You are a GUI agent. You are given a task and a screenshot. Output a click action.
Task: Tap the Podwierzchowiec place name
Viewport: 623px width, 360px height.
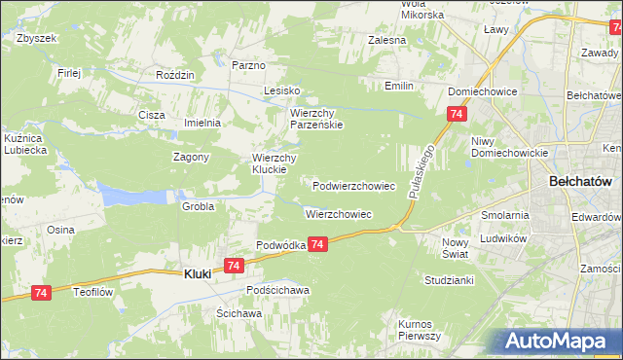coord(353,185)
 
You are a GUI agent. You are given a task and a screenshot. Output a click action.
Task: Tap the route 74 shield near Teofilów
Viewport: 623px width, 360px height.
coord(41,292)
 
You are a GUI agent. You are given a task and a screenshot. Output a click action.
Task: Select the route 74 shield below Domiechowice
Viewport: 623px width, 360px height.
coord(457,115)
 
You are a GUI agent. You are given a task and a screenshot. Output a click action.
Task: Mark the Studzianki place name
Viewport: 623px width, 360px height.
coord(448,279)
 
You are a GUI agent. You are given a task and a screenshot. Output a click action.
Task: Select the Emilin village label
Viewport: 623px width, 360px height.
coord(398,86)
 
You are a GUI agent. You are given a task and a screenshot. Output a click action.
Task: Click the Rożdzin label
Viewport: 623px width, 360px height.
coord(176,75)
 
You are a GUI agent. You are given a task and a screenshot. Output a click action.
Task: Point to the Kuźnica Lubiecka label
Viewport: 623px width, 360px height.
coord(25,145)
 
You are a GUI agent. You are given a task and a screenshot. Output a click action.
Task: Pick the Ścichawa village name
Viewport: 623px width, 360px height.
coord(239,313)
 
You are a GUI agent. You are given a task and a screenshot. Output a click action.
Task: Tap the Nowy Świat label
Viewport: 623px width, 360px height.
coord(455,247)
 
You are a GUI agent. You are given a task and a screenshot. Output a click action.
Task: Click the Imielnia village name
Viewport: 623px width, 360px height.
coord(203,123)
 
